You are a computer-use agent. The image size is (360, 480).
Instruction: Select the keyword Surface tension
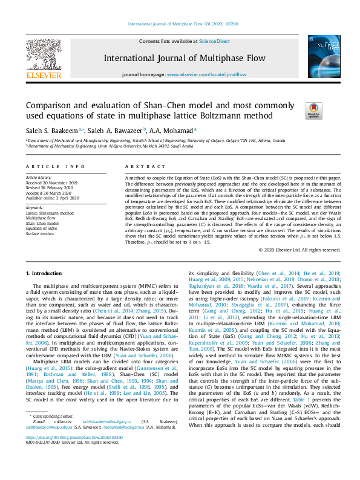(x=40, y=233)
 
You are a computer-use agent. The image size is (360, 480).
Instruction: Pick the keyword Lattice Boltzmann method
(x=50, y=213)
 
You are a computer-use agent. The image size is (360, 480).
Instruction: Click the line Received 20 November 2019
(x=52, y=182)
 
